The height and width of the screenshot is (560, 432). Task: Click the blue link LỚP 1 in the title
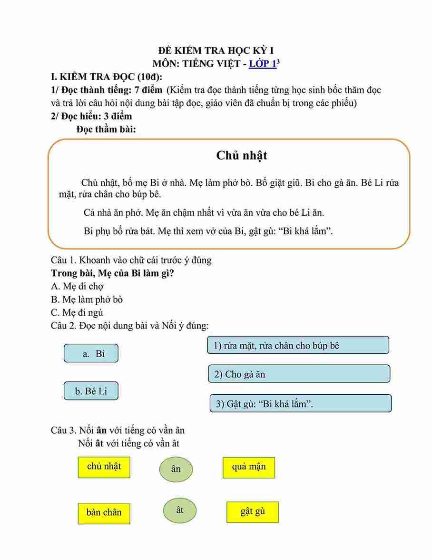263,64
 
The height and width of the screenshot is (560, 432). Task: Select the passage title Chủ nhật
242,155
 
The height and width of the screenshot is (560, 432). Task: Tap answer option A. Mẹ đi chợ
77,286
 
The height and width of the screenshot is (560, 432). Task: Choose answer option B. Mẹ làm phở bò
87,300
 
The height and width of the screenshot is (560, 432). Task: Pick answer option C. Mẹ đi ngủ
77,312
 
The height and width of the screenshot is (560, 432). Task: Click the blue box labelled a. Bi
91,353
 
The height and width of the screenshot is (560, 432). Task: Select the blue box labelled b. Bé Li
91,391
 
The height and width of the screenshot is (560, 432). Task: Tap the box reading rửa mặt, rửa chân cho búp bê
298,345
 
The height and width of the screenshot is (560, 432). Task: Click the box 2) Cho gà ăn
299,374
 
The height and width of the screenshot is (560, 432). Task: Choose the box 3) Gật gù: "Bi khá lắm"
300,403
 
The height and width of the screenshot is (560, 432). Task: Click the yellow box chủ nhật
104,467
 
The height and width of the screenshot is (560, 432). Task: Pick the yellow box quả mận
249,467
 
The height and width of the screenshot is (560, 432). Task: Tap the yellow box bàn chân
104,512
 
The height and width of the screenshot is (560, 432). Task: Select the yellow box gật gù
253,512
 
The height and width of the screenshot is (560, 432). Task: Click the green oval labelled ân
176,469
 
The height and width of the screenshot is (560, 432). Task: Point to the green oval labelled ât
179,510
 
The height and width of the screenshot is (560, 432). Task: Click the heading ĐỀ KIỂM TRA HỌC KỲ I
216,50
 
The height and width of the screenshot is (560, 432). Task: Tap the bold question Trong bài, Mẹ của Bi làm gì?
112,273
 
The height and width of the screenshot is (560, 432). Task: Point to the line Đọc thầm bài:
106,129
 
